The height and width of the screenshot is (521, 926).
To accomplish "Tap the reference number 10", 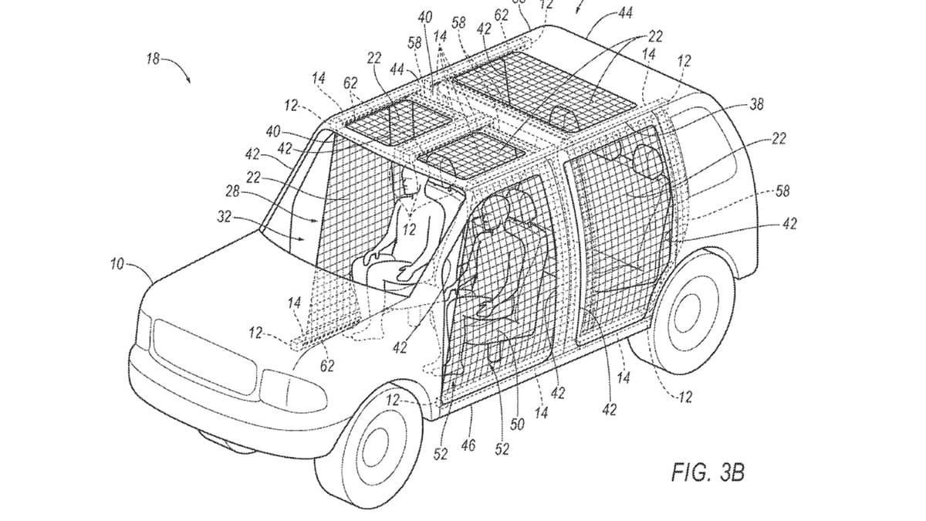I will pyautogui.click(x=117, y=265).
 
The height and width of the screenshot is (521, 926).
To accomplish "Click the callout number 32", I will pyautogui.click(x=225, y=218).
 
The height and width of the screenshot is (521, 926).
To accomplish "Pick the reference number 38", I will pyautogui.click(x=757, y=105).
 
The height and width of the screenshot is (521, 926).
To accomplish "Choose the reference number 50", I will pyautogui.click(x=517, y=425).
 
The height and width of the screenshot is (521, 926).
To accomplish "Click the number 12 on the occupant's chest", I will pyautogui.click(x=409, y=228).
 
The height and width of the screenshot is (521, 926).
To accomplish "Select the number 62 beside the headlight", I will pyautogui.click(x=327, y=365).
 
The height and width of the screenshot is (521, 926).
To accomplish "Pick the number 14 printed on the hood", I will pyautogui.click(x=293, y=303).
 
